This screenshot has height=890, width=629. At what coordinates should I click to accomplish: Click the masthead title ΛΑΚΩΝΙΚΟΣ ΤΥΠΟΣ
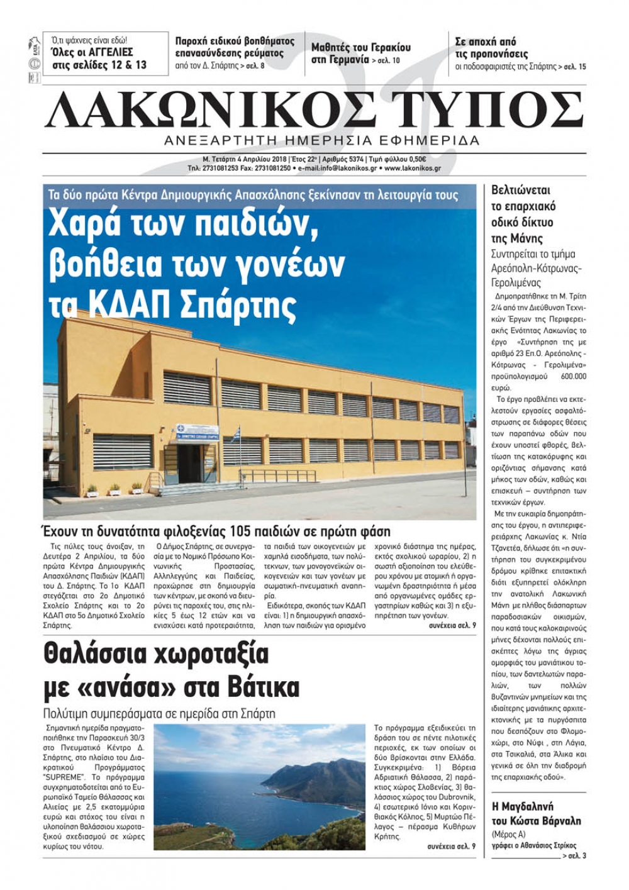[x=314, y=110]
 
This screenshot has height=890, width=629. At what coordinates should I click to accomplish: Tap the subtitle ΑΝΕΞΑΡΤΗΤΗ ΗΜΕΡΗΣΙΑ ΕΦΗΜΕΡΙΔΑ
[x=321, y=140]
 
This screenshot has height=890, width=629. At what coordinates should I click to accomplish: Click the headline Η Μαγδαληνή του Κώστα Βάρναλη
[x=536, y=813]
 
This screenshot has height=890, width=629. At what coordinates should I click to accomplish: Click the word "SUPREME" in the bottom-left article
[x=62, y=777]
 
